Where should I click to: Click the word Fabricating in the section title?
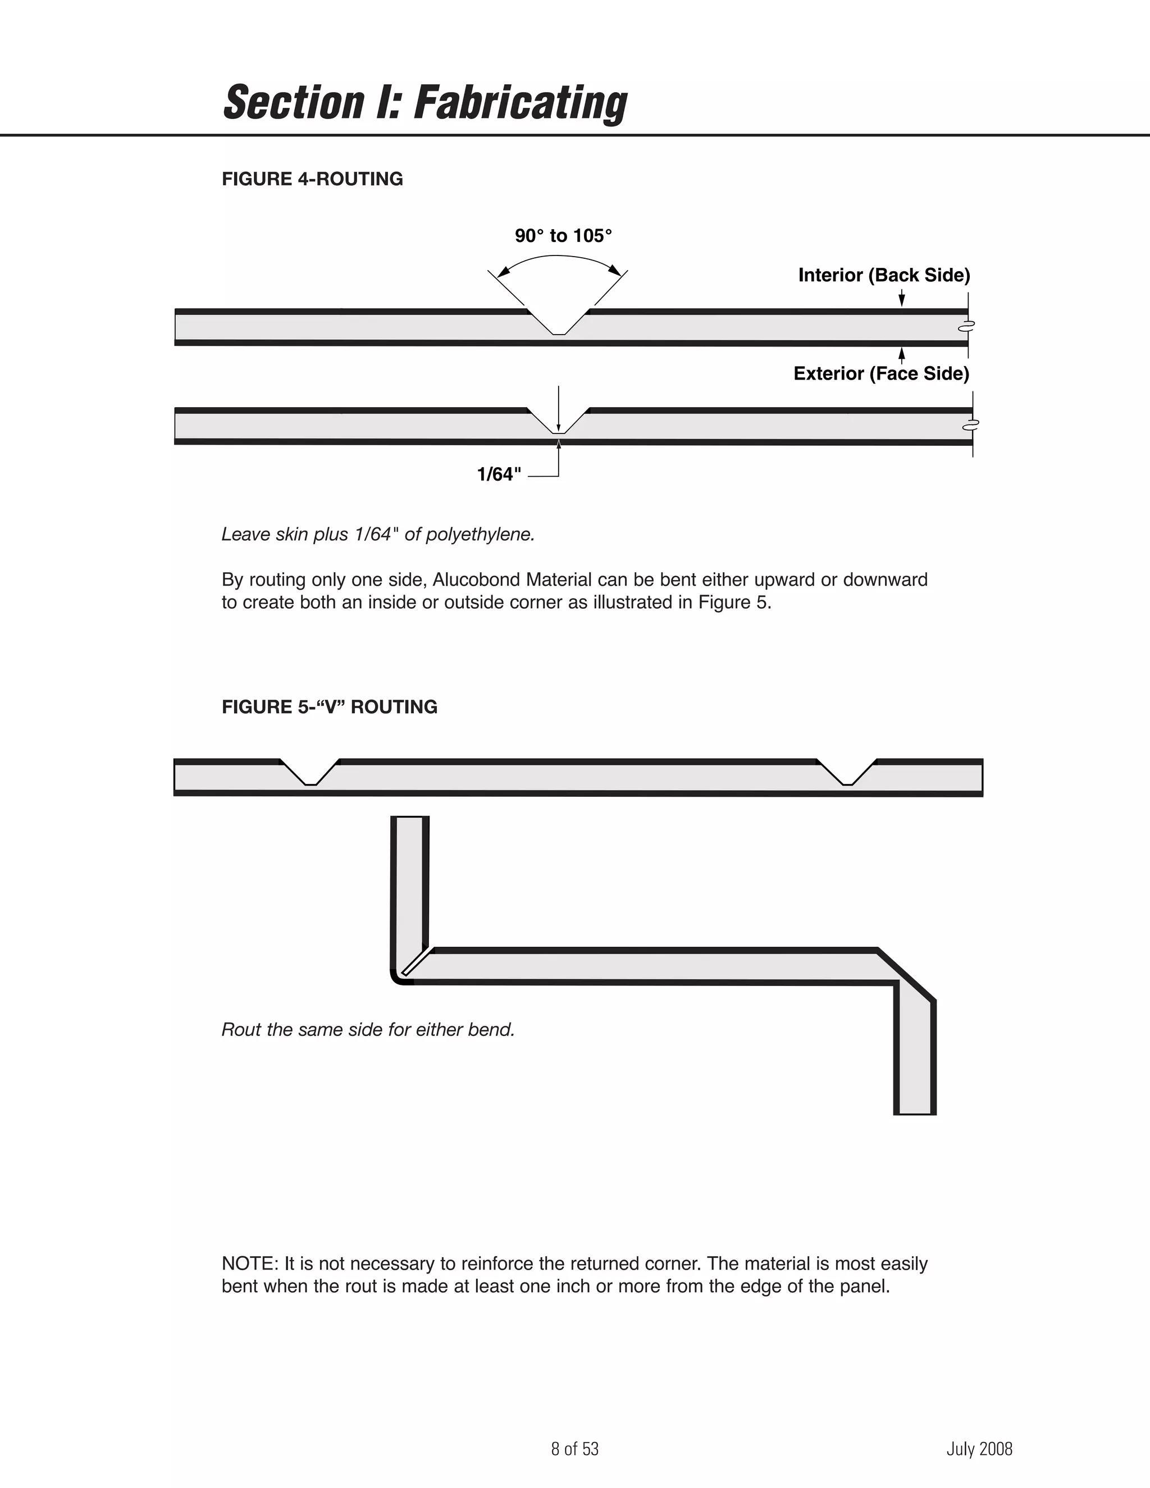521,103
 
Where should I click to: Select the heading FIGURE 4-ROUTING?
312,179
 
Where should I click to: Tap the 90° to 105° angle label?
563,236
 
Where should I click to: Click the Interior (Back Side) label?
884,275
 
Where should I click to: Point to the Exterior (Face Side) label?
881,373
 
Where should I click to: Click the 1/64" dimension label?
499,475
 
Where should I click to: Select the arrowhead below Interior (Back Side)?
901,300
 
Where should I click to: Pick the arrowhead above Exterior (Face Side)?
901,354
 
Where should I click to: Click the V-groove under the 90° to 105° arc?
559,323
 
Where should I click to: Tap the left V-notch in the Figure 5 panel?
310,774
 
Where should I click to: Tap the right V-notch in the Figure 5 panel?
847,774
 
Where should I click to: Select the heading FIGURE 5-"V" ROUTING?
329,707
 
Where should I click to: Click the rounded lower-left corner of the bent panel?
397,978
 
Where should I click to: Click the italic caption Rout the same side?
367,1029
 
